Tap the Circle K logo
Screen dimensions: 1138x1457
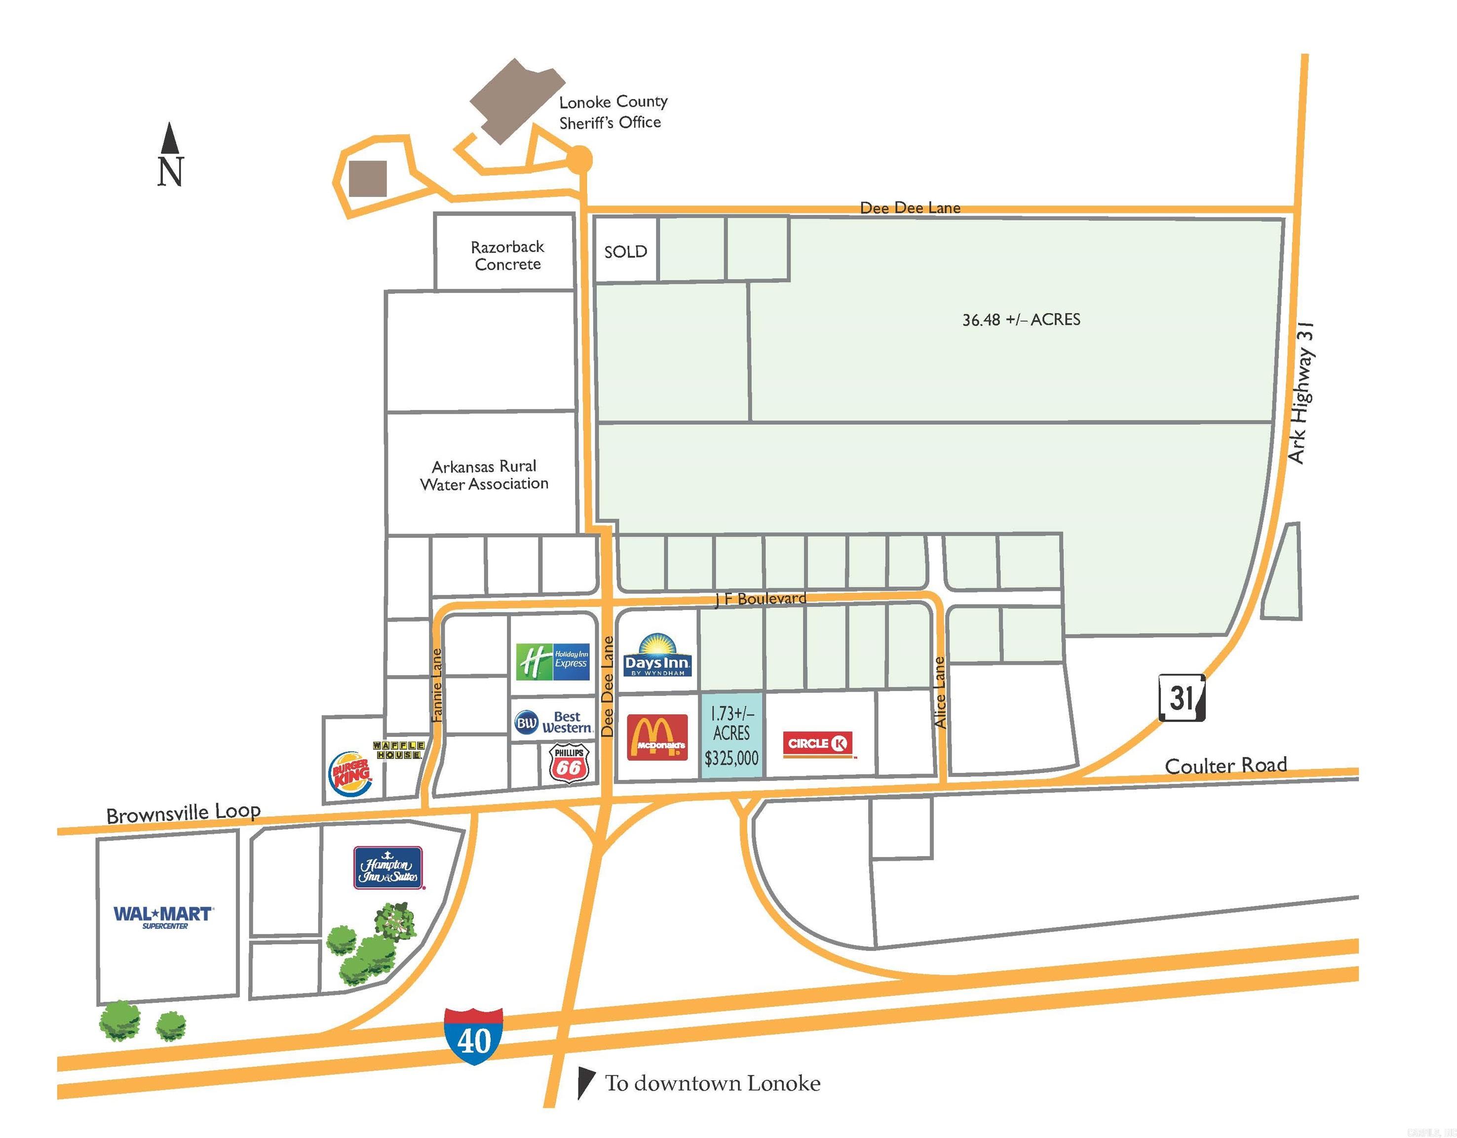(x=818, y=743)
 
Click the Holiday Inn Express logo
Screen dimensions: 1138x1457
(x=553, y=661)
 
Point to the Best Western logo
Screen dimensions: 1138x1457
(x=554, y=722)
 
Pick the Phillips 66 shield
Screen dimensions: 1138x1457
(x=569, y=764)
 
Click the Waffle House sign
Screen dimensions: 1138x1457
(x=398, y=750)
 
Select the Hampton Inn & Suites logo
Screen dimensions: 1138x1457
(x=388, y=868)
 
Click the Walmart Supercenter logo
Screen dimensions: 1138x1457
(x=163, y=916)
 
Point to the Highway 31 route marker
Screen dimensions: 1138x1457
(x=1182, y=698)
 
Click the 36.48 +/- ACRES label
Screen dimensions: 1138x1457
(x=1021, y=320)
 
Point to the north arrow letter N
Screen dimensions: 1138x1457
(x=170, y=171)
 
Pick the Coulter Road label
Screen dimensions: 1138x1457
(x=1226, y=765)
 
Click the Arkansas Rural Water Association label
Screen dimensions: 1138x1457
(x=484, y=475)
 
